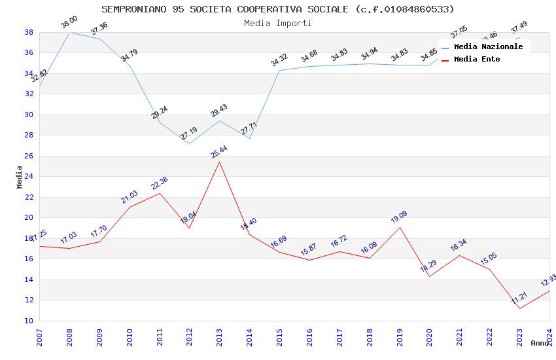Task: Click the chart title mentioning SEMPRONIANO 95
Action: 278,9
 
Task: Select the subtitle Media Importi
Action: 278,23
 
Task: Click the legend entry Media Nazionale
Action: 488,46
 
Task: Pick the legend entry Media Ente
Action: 477,59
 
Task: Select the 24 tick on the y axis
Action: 29,177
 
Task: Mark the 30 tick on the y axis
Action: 29,115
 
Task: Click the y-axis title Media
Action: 19,177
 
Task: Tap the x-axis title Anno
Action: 540,343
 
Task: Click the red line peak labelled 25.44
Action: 219,162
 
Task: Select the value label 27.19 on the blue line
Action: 189,134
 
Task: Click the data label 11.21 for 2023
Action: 519,298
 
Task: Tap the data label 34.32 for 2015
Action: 279,61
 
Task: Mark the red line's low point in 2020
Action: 429,276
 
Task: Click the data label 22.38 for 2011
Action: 160,184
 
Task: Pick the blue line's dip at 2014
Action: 249,138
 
